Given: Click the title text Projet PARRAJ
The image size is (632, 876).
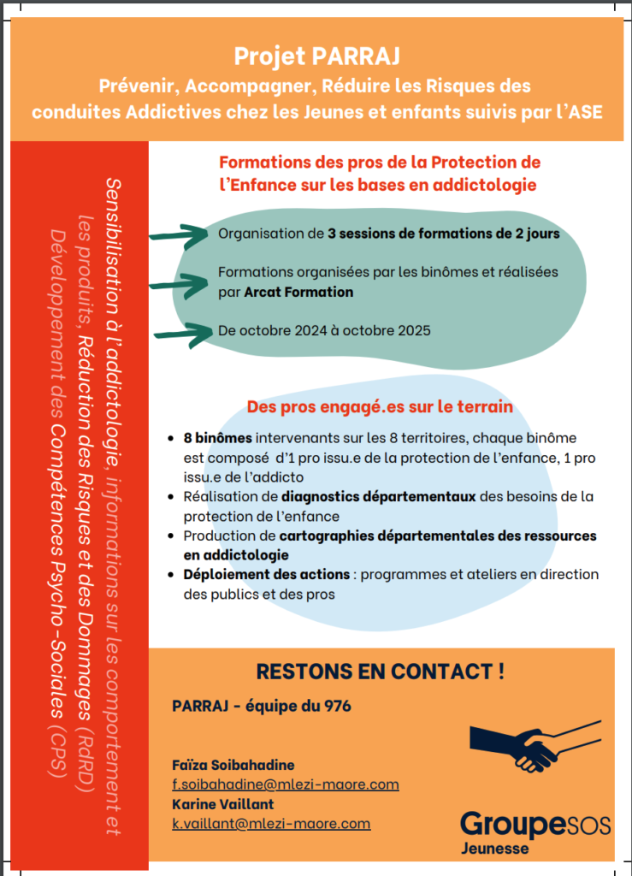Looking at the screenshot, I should [x=317, y=57].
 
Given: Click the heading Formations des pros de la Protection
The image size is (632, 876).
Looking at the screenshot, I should [x=380, y=163].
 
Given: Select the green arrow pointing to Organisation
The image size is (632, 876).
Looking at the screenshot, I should [x=180, y=234].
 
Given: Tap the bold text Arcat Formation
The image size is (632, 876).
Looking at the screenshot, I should [x=298, y=292].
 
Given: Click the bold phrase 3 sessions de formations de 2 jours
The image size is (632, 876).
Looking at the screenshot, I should [x=444, y=234].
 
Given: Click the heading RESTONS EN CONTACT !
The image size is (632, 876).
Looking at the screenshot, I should [x=380, y=672].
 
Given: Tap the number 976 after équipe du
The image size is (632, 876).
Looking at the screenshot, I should [x=337, y=707].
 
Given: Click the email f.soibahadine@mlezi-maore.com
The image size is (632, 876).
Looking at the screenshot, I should [x=285, y=784].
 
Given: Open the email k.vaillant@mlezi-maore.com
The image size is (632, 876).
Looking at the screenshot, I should [x=271, y=824].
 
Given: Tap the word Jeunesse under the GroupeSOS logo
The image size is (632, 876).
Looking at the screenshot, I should [x=494, y=849].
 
